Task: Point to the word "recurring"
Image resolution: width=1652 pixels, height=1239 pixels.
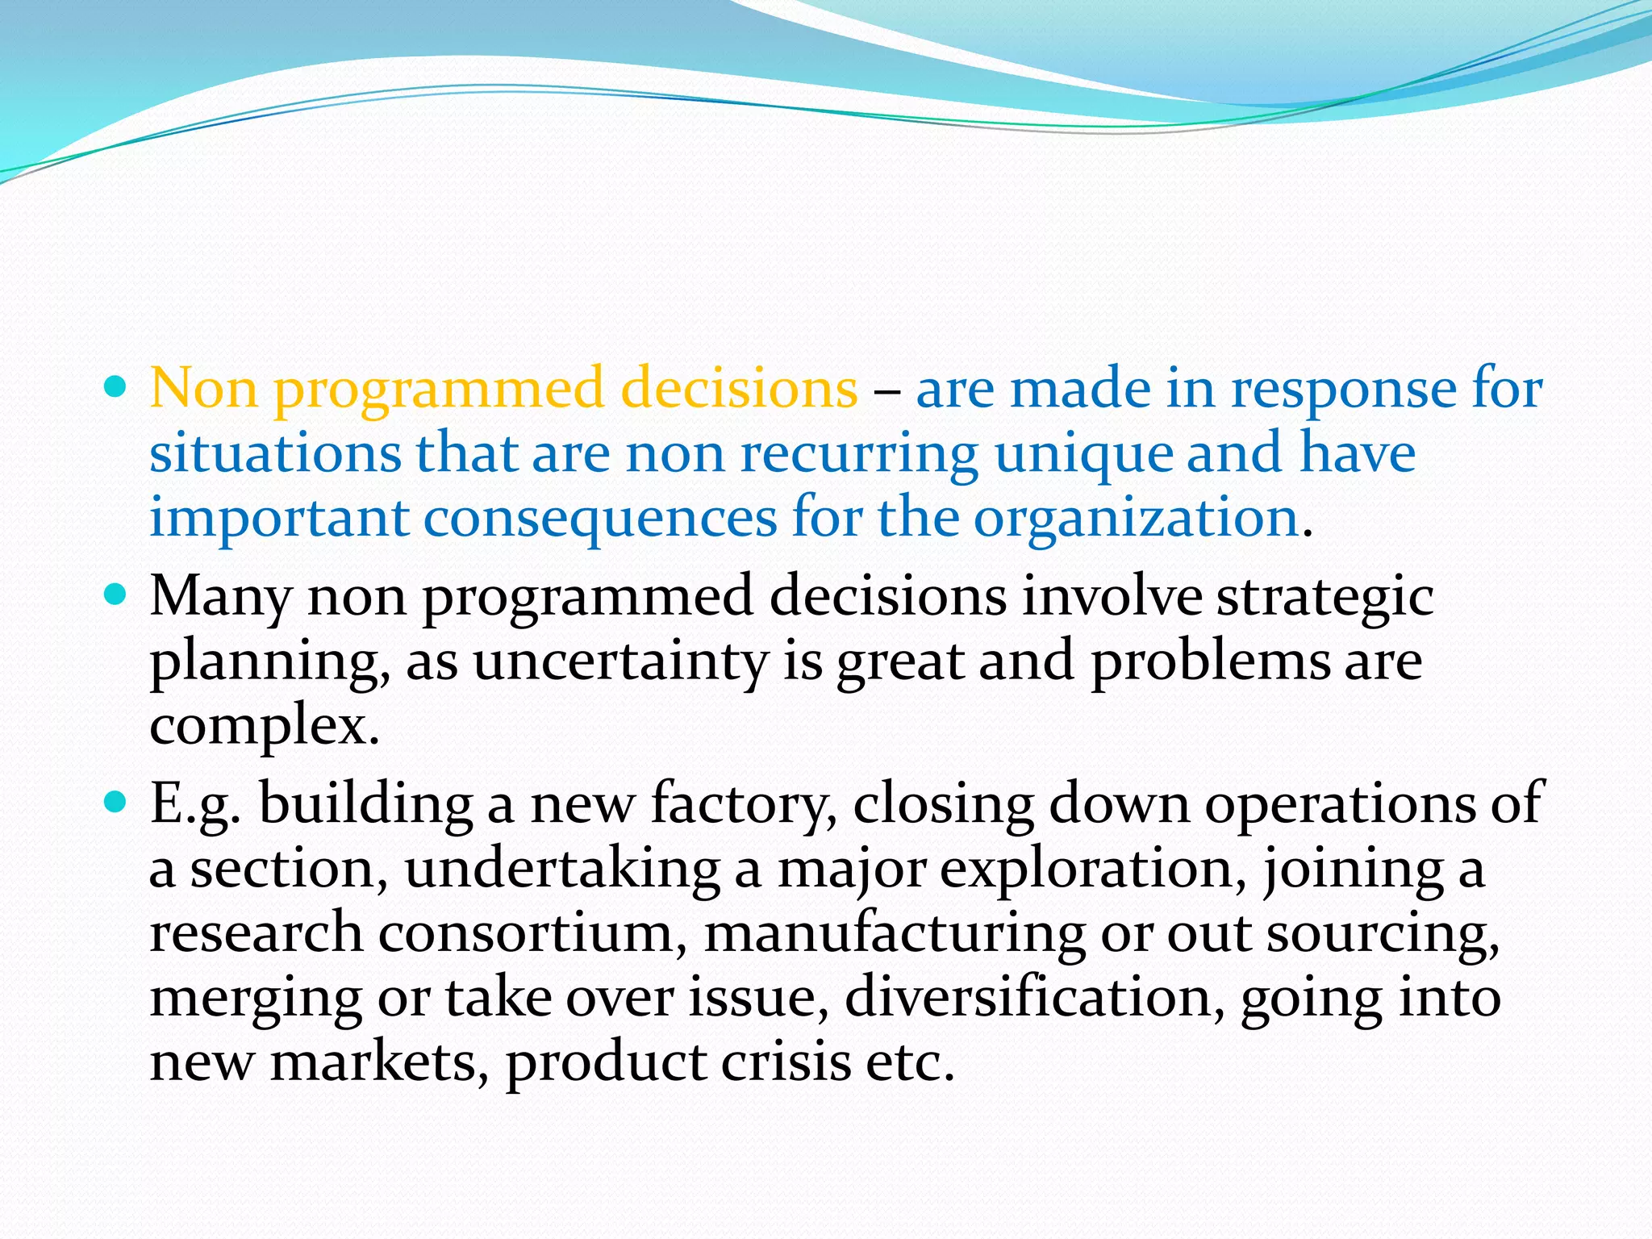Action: point(859,454)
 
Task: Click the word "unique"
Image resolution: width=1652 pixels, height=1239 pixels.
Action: point(1083,454)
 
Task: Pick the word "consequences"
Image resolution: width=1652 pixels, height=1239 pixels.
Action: point(600,519)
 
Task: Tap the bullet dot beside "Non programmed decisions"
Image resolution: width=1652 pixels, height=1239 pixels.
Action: point(117,388)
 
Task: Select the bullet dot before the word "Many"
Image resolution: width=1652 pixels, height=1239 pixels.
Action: point(117,595)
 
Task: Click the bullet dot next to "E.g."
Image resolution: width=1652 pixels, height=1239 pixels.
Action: point(117,803)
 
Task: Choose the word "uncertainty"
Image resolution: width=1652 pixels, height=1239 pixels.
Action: point(620,662)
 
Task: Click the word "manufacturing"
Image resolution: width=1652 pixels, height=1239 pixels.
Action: point(895,934)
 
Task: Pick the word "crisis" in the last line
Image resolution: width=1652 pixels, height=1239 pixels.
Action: point(786,1062)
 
